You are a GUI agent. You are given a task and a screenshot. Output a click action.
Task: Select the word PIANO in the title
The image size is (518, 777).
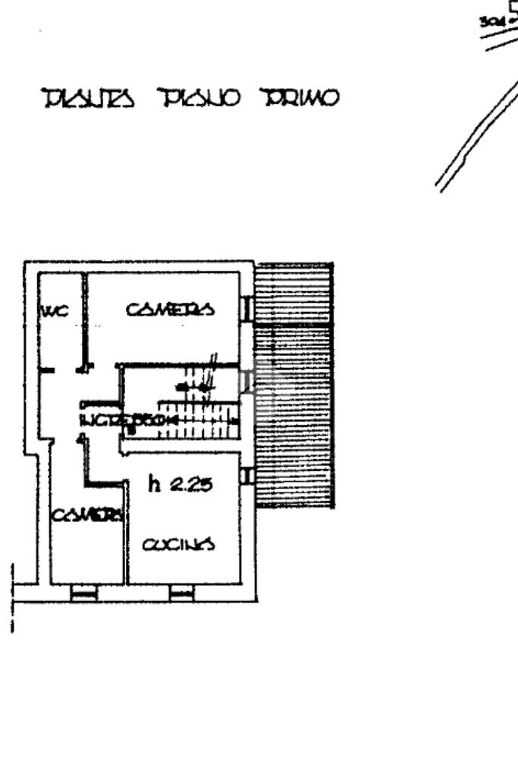199,99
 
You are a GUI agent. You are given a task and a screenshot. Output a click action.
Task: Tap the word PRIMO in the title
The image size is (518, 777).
300,99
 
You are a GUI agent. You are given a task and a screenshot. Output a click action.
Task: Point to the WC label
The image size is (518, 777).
55,310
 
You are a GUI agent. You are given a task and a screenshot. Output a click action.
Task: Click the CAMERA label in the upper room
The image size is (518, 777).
171,309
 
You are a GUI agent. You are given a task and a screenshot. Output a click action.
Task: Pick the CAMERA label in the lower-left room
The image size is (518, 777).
87,514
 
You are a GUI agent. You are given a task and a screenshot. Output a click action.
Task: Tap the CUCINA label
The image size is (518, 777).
179,543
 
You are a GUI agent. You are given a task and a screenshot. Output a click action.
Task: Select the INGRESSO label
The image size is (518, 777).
129,420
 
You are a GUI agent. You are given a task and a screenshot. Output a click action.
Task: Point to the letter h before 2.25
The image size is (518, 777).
155,483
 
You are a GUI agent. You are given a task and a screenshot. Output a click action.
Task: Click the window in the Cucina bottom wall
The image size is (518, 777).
182,593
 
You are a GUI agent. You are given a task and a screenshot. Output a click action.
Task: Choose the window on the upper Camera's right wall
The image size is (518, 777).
246,307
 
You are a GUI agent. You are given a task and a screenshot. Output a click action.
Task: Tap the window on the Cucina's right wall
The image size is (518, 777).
246,476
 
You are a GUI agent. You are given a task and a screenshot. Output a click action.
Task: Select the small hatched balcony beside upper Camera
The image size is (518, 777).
294,292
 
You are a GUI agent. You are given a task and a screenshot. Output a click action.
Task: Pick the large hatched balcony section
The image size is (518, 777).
294,414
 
